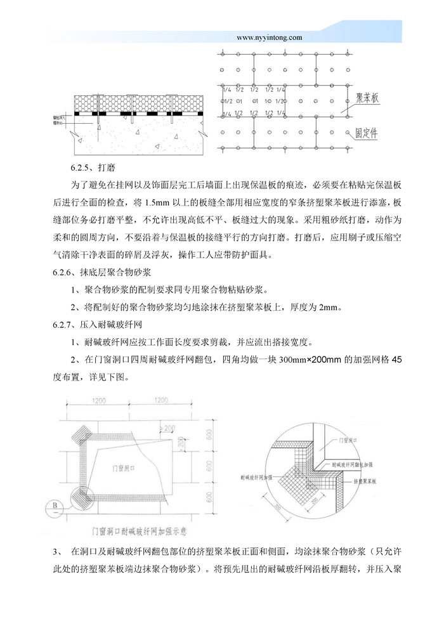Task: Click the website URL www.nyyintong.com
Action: (x=269, y=37)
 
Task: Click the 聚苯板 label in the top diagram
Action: (x=367, y=98)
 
